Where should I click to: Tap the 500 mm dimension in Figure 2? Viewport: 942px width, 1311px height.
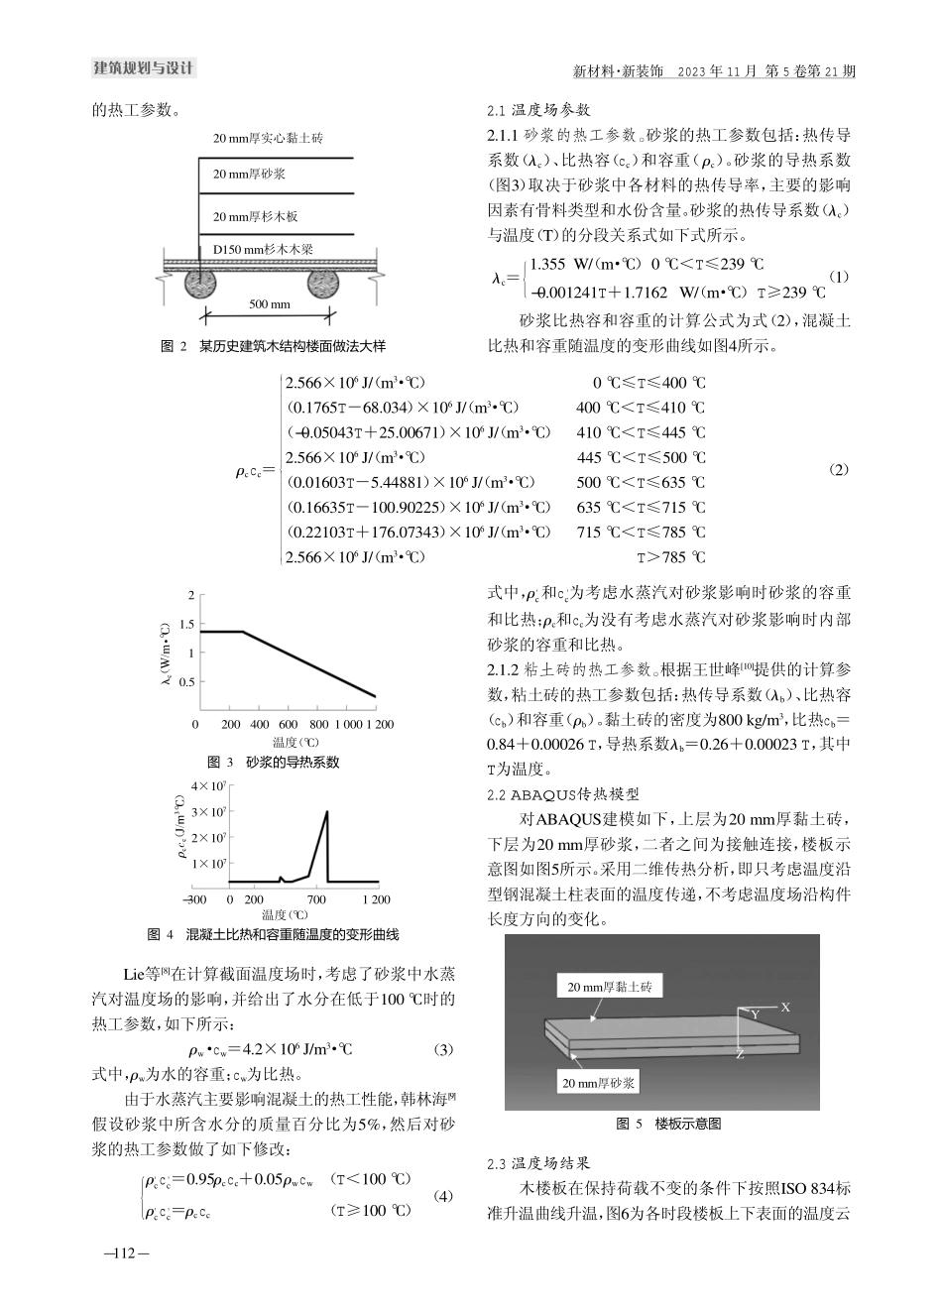tap(269, 303)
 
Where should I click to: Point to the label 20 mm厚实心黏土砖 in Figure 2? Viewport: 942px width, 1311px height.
tap(268, 139)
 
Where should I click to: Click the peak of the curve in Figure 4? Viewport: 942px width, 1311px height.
tap(326, 812)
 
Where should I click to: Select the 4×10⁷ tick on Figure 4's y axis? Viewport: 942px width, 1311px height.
tap(210, 786)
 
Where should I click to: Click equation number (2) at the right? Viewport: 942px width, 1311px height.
tap(838, 469)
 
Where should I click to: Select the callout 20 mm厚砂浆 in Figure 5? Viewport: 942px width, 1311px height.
tap(599, 1084)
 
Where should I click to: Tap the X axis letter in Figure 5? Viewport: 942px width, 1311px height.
tap(784, 1007)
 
